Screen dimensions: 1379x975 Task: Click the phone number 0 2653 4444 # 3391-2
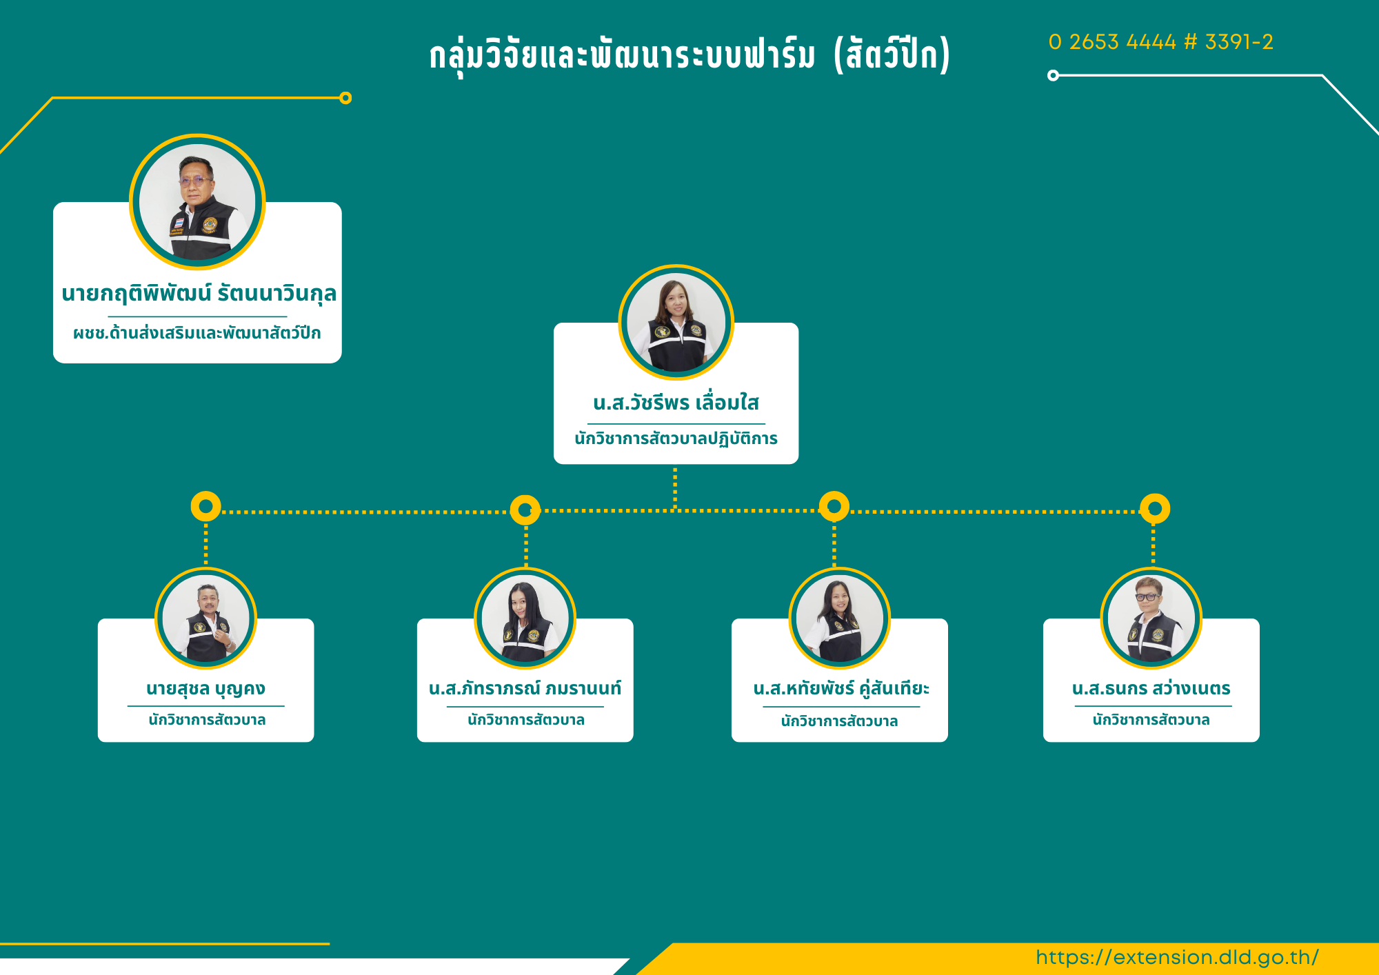(x=1160, y=42)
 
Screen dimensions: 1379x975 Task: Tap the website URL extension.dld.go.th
(x=1177, y=957)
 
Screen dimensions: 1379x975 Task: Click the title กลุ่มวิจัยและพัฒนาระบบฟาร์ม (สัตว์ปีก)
(x=689, y=54)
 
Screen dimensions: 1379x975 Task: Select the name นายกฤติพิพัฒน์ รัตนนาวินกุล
(x=199, y=294)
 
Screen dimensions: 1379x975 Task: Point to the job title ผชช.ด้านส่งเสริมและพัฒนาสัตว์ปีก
(x=197, y=333)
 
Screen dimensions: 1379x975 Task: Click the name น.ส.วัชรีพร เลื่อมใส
(x=676, y=402)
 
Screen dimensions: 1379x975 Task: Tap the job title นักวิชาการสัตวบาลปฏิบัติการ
(x=676, y=439)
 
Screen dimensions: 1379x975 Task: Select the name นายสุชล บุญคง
(x=205, y=689)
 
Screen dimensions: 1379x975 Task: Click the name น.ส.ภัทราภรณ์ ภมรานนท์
(x=525, y=688)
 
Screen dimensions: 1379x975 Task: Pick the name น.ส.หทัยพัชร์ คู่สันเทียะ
(x=841, y=688)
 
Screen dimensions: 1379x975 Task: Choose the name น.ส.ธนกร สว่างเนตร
(x=1151, y=688)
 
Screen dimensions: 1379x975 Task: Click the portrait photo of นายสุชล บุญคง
(x=205, y=619)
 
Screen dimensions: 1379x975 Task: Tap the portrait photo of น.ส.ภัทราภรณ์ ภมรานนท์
(x=525, y=619)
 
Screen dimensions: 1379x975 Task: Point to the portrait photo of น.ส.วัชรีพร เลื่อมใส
(x=676, y=322)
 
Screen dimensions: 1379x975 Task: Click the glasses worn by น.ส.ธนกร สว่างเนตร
(x=1147, y=597)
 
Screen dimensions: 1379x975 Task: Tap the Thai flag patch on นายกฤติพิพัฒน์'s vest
(x=179, y=223)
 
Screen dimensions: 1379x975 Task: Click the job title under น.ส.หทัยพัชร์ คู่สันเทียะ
(x=839, y=721)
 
